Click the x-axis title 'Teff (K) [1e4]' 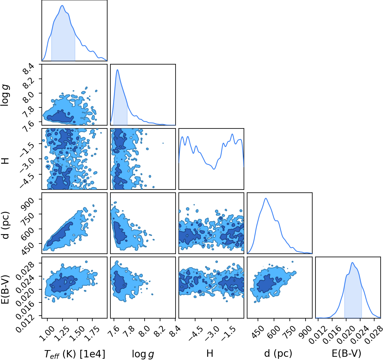[x=75, y=354]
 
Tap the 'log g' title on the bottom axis [x=143, y=354]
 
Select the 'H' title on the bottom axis [x=210, y=353]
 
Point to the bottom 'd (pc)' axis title [x=278, y=354]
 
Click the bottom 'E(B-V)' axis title [x=347, y=354]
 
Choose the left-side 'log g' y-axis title [x=5, y=95]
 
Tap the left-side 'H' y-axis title [x=5, y=161]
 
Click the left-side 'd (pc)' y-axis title [x=5, y=225]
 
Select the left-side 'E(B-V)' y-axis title [x=5, y=289]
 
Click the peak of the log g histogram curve [x=117, y=69]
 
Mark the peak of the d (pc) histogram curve [x=266, y=198]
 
